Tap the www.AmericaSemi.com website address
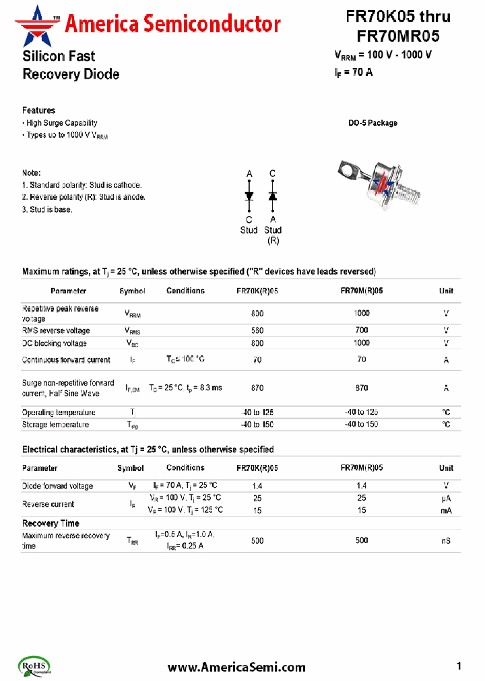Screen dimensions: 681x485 (236, 667)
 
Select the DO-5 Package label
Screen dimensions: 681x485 (373, 123)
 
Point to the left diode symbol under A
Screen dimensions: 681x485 (249, 196)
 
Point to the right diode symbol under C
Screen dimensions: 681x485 (272, 196)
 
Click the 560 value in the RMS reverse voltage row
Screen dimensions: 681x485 (257, 330)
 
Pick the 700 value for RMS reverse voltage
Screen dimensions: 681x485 (362, 330)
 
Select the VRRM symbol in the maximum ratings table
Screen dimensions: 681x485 (133, 314)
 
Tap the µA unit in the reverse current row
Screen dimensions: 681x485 (446, 498)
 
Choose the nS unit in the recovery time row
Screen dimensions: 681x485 (446, 540)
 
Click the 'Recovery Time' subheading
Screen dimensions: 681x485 (51, 524)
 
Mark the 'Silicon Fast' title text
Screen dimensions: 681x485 (59, 57)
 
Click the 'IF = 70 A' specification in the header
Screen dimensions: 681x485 (354, 73)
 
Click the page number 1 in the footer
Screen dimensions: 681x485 (459, 666)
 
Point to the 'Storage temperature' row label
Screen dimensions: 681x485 (55, 425)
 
